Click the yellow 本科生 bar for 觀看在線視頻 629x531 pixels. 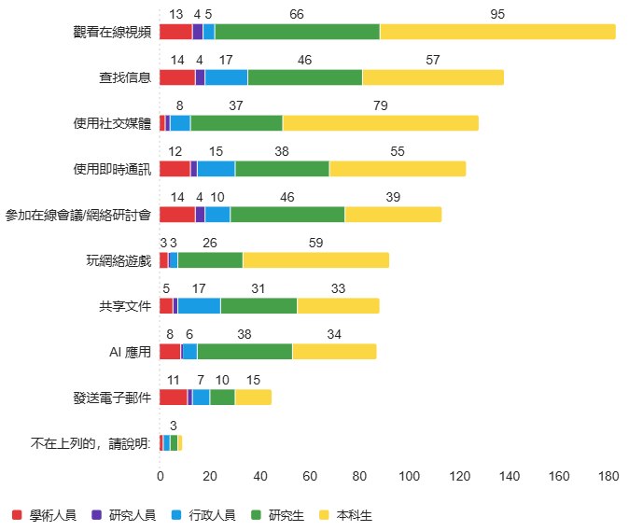coord(497,32)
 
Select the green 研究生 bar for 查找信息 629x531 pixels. coord(305,77)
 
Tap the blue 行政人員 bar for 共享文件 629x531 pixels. coord(199,305)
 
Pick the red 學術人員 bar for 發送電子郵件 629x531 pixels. coord(174,397)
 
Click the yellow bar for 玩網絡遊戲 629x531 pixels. coord(315,259)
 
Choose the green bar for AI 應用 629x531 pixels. coord(245,351)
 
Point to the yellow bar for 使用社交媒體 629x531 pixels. coord(380,123)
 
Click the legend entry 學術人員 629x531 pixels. coord(43,514)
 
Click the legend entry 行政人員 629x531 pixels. coord(203,514)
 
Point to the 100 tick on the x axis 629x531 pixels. coord(409,476)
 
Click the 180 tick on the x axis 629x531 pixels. coord(608,476)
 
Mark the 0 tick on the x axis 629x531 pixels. coord(161,476)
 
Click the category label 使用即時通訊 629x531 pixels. coord(112,169)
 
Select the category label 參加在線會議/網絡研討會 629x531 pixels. coord(78,215)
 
